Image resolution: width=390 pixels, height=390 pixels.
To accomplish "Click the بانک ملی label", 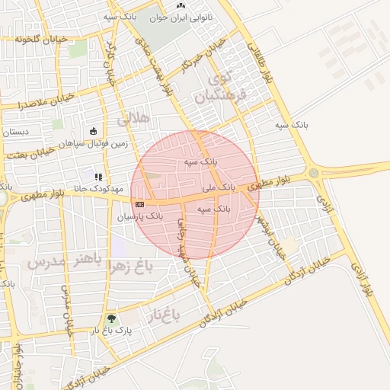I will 217,186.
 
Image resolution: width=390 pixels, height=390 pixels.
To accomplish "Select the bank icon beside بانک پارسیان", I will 139,204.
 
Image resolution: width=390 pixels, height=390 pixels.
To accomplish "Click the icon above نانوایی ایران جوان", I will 181,5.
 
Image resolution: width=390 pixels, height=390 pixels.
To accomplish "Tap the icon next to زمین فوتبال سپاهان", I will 93,131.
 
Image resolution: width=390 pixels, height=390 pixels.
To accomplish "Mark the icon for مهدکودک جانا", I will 97,177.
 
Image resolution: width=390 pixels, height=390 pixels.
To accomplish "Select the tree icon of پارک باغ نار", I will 113,318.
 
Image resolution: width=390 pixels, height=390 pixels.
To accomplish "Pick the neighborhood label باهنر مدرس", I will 59,263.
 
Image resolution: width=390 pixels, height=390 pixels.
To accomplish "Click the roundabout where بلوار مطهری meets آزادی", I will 314,174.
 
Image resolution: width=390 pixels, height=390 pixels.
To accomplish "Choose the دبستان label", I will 15,133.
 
